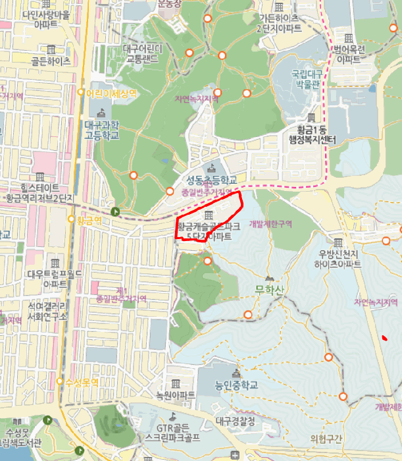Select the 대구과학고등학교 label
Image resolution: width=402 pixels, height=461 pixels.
(101, 129)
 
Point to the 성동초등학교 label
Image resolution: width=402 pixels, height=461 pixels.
(212, 180)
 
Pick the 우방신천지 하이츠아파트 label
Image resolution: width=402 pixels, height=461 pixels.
(339, 259)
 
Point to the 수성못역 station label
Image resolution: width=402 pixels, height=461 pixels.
(80, 382)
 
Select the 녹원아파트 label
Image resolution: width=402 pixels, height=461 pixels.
(176, 396)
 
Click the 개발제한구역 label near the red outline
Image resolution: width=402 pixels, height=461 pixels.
(270, 224)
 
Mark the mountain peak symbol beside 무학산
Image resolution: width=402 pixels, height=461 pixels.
(268, 279)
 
